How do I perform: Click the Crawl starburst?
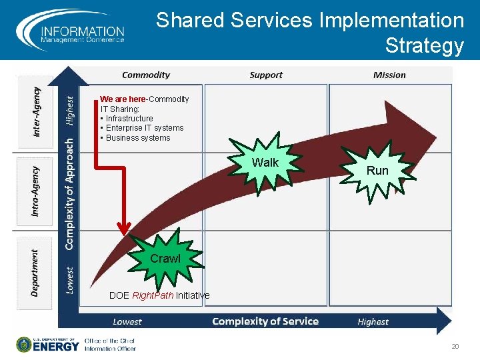(x=165, y=259)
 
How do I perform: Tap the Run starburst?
(x=377, y=171)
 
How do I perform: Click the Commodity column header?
(x=146, y=75)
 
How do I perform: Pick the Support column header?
(x=266, y=75)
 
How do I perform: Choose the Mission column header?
(x=389, y=75)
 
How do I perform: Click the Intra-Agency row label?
(x=36, y=191)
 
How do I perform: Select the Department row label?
(x=35, y=272)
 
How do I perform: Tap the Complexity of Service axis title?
(x=265, y=321)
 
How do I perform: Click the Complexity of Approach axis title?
(x=69, y=194)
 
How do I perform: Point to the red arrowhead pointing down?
(x=123, y=227)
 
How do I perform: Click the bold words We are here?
(x=123, y=99)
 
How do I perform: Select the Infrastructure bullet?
(x=129, y=119)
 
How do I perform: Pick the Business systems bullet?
(x=138, y=138)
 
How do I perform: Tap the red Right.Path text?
(x=153, y=295)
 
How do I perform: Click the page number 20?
(x=456, y=346)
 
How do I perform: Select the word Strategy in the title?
(x=424, y=46)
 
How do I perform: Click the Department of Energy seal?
(x=24, y=344)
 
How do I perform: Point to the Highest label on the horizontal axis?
(x=373, y=322)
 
